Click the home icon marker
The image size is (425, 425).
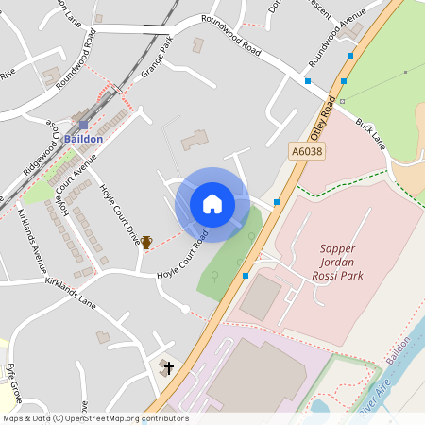[212, 204]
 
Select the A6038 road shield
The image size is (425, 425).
[306, 150]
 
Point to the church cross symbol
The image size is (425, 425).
[169, 367]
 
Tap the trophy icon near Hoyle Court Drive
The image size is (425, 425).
[146, 243]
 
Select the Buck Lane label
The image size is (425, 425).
[371, 132]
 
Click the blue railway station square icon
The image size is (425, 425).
[83, 124]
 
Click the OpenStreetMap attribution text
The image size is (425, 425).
[95, 418]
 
